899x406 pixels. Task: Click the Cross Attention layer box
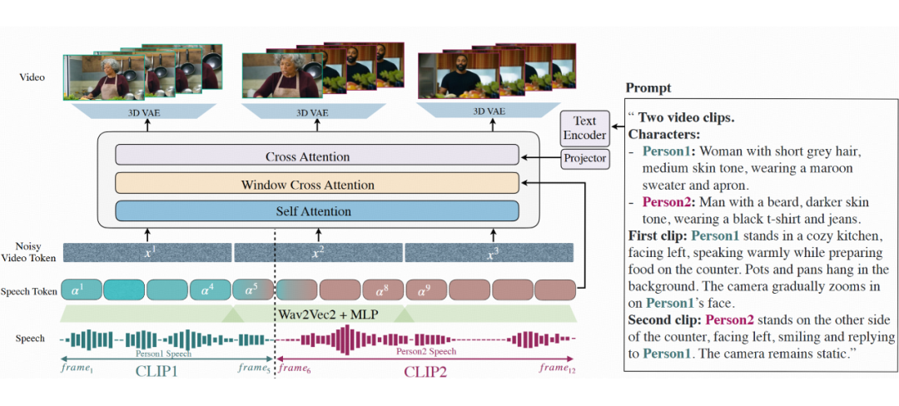click(317, 156)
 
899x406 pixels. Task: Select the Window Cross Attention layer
click(317, 184)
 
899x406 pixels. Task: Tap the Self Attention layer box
click(317, 211)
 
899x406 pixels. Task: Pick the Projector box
click(585, 158)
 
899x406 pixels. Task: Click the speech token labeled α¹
click(82, 290)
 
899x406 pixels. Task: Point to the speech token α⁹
click(425, 290)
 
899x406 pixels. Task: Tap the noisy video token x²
click(318, 253)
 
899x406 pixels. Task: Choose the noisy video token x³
click(489, 253)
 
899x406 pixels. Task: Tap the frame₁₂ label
click(557, 369)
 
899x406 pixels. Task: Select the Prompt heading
click(648, 88)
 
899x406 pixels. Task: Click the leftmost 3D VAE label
click(144, 112)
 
